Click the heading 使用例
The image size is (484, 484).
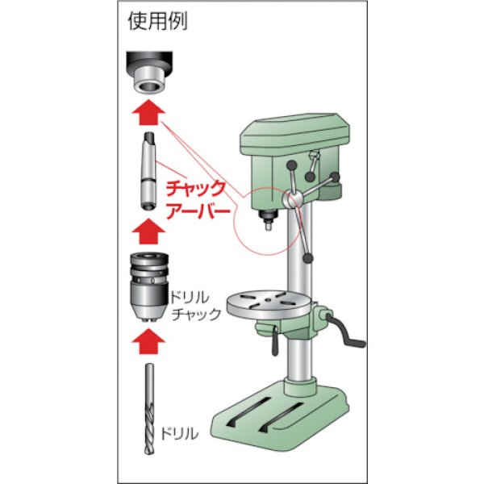tap(157, 22)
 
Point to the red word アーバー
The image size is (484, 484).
tap(197, 214)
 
